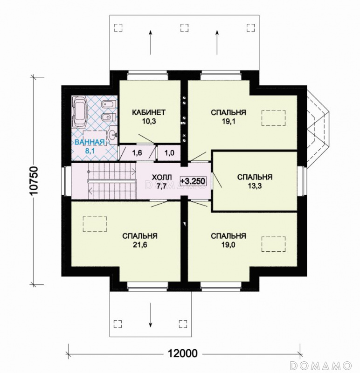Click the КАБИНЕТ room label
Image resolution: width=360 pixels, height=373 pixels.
click(149, 112)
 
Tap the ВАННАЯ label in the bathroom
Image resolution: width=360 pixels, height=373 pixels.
click(90, 142)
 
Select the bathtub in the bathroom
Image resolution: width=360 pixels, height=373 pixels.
click(80, 111)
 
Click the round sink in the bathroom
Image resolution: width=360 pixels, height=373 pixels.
click(112, 135)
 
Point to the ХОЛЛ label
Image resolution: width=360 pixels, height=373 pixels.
click(161, 177)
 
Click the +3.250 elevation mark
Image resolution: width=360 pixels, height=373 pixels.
click(193, 181)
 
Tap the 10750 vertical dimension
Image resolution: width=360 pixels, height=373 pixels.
click(34, 180)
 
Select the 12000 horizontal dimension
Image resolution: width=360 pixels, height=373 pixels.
click(183, 353)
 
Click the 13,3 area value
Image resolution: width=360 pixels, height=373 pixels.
click(255, 186)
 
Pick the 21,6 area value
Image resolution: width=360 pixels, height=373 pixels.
click(140, 245)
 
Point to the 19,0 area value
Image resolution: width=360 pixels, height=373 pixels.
click(228, 245)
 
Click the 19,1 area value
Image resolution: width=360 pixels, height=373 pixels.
click(228, 122)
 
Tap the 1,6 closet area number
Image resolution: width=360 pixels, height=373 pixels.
click(137, 153)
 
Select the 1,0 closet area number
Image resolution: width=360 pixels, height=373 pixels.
click(169, 153)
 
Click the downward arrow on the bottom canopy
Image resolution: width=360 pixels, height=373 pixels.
click(150, 315)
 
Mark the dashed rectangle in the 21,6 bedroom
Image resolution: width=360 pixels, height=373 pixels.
click(95, 224)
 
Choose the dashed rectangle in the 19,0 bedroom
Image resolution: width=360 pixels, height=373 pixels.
click(274, 244)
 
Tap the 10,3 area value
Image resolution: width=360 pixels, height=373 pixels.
click(149, 122)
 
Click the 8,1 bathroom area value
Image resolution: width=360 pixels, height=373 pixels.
click(90, 151)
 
